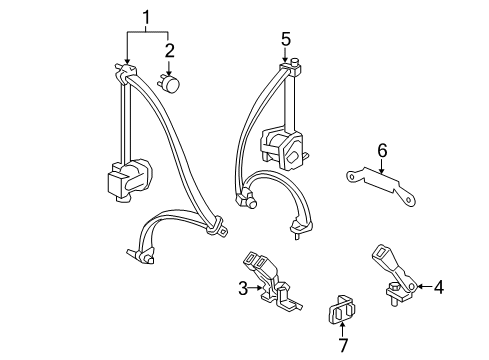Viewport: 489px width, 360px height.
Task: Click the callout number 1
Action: coord(148,17)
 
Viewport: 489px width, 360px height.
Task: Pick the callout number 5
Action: coord(286,40)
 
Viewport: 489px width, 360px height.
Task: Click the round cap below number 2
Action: coord(172,85)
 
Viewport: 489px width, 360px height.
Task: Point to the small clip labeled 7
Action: coord(342,310)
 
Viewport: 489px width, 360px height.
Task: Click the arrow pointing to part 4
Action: coord(421,288)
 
